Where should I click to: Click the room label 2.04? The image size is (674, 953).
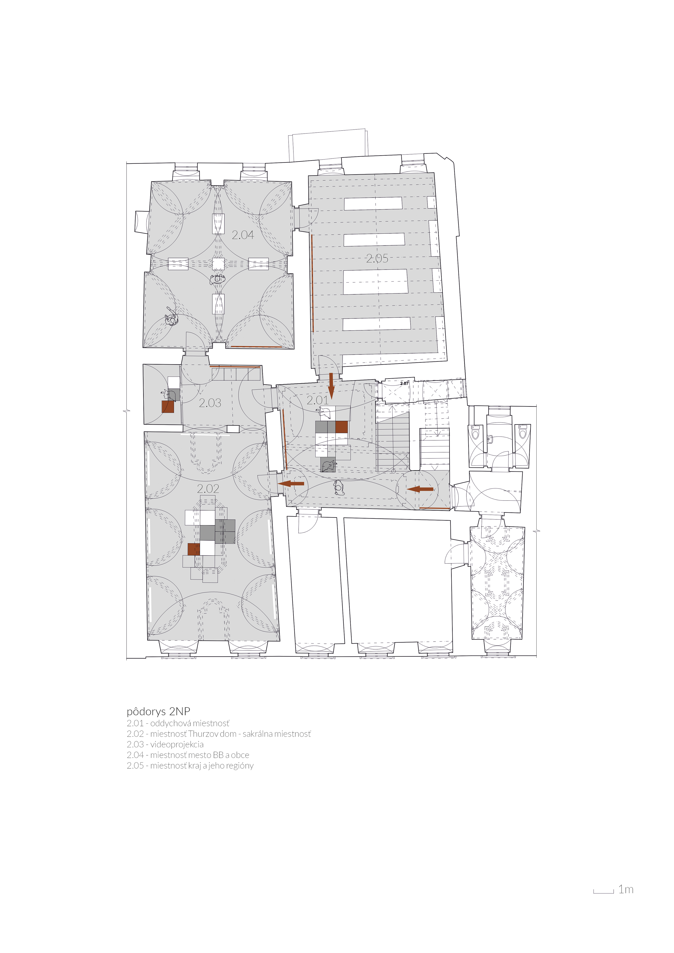click(x=243, y=235)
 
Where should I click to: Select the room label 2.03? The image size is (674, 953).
click(x=210, y=403)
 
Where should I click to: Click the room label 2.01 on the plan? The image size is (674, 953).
click(x=318, y=400)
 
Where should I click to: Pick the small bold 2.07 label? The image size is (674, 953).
click(x=404, y=383)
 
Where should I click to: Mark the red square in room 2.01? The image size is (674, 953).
click(x=341, y=427)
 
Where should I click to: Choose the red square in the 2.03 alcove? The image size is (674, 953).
click(x=168, y=407)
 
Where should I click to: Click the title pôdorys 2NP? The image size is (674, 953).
click(x=158, y=712)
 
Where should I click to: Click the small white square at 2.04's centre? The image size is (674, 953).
click(x=218, y=264)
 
